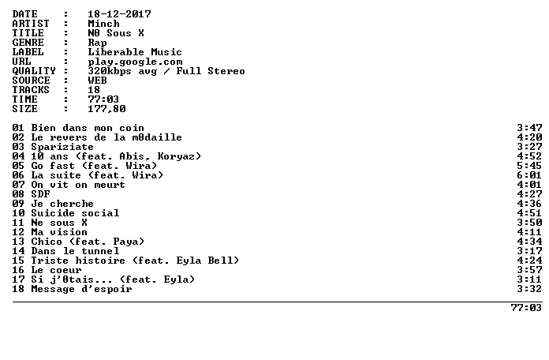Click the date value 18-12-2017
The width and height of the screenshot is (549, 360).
coord(119,14)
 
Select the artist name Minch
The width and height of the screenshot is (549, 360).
coord(103,24)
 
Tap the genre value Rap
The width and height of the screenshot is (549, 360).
coord(97,43)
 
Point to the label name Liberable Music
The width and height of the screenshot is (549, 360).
coord(135,52)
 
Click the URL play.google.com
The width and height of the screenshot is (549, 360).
coord(135,62)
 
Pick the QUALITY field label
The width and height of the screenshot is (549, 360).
coord(34,71)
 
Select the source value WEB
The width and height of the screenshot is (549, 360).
coord(97,81)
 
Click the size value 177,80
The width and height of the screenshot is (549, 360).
coord(106,109)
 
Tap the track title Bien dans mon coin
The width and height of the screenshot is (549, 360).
coord(88,128)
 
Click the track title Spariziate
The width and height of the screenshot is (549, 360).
coord(62,147)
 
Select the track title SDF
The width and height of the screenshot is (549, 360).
coord(40,194)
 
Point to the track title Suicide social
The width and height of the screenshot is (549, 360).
coord(75,213)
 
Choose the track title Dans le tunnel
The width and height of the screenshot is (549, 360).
coord(75,250)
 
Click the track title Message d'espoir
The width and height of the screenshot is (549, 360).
coord(81,289)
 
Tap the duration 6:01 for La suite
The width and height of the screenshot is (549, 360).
coord(529,175)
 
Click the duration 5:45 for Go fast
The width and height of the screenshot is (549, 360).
coord(529,166)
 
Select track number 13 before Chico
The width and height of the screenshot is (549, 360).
coord(18,241)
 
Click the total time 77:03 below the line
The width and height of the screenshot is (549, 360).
coord(526,308)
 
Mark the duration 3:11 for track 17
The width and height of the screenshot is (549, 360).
coord(529,279)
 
